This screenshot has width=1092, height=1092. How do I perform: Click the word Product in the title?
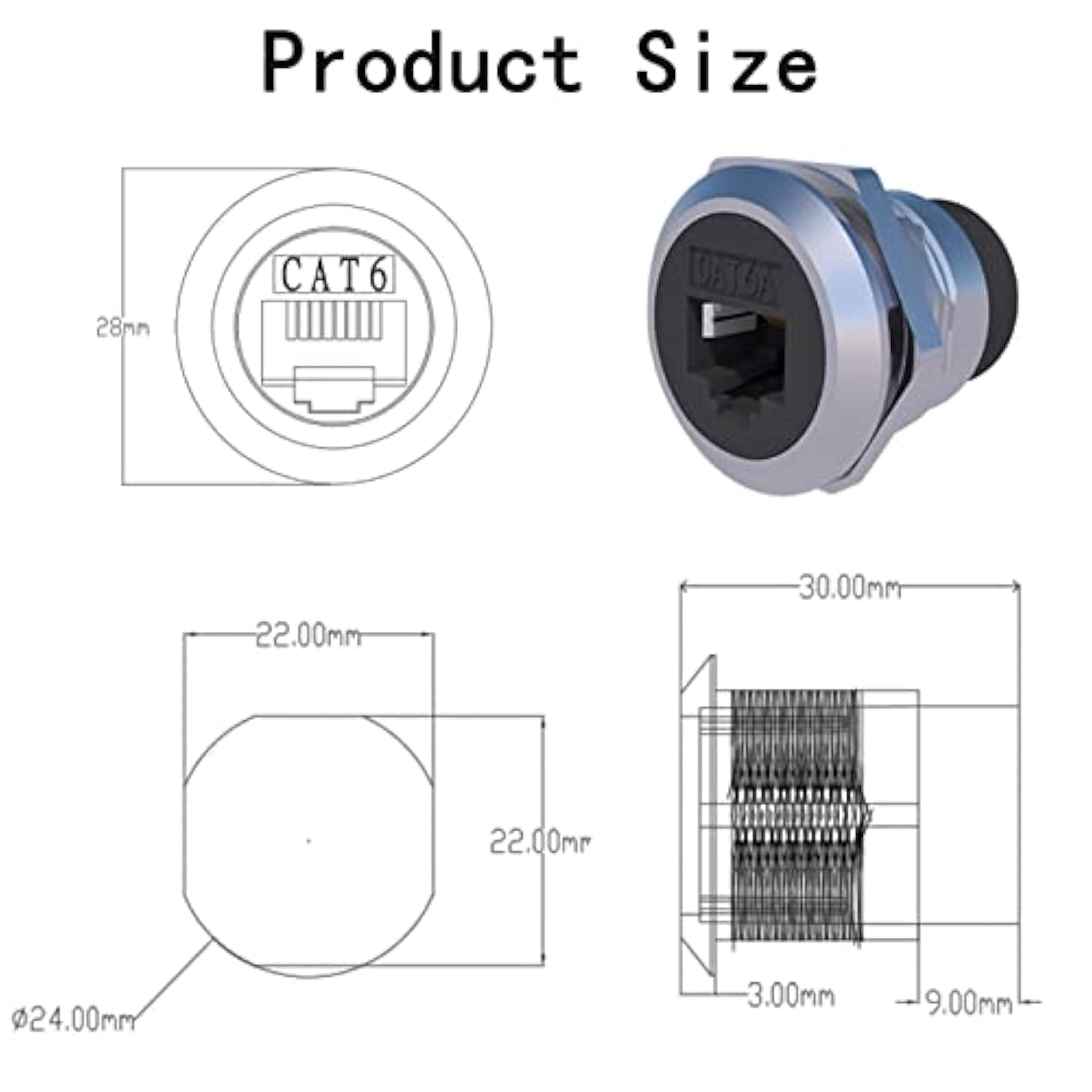pyautogui.click(x=421, y=64)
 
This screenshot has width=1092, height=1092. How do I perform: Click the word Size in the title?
pyautogui.click(x=726, y=64)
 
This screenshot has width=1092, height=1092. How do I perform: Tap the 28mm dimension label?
pyautogui.click(x=122, y=328)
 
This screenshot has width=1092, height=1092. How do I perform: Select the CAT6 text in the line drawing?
pyautogui.click(x=334, y=275)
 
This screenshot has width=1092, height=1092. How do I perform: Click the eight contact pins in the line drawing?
pyautogui.click(x=334, y=321)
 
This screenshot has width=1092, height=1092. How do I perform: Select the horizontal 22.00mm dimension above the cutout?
pyautogui.click(x=308, y=636)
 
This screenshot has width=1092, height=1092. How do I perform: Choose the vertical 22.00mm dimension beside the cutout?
pyautogui.click(x=539, y=842)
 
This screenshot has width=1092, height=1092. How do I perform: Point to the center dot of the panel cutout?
pyautogui.click(x=309, y=842)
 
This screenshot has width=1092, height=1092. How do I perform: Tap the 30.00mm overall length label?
pyautogui.click(x=850, y=587)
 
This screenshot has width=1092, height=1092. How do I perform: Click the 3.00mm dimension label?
pyautogui.click(x=791, y=996)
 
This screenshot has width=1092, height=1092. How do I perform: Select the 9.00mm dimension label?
pyautogui.click(x=968, y=1004)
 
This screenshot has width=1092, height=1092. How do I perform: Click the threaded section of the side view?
pyautogui.click(x=797, y=815)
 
